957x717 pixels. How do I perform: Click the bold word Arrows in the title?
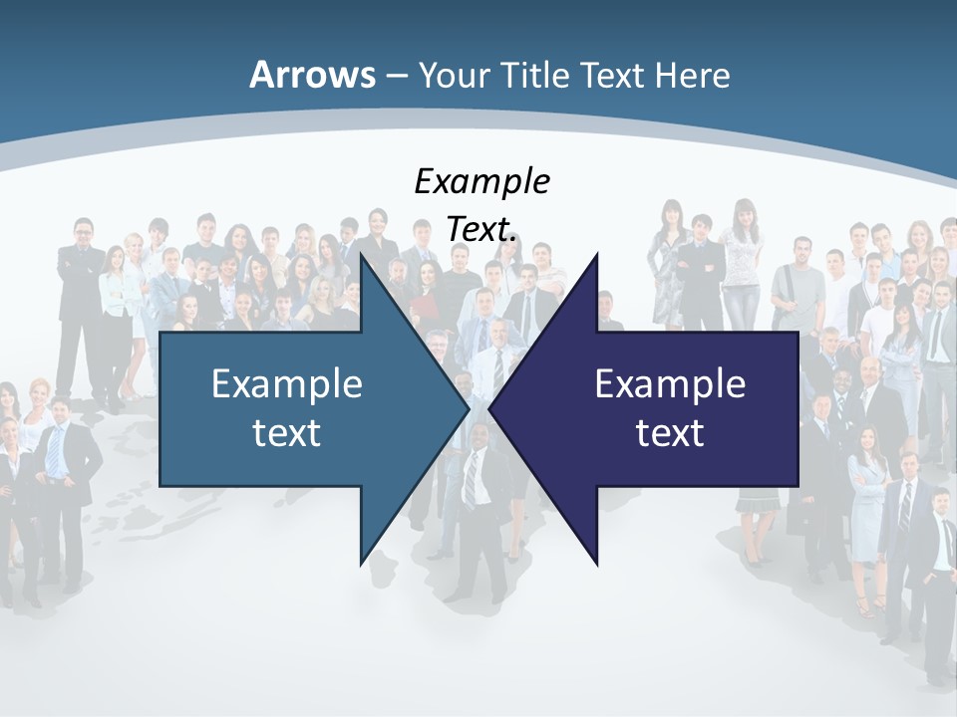pos(312,75)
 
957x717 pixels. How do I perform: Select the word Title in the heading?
pos(537,75)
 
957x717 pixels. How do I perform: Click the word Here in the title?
pos(693,75)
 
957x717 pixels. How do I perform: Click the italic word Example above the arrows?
pos(481,182)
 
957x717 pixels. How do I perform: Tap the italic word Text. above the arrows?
pos(481,228)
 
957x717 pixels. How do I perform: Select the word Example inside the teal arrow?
pos(287,383)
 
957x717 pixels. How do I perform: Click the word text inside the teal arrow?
pos(287,432)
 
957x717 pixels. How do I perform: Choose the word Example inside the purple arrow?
pos(670,383)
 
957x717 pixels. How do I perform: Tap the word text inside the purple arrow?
pos(670,432)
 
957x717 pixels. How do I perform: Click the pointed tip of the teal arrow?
pos(469,408)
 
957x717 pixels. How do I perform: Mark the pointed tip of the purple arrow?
pos(490,408)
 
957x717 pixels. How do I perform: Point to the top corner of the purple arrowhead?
pos(596,256)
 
